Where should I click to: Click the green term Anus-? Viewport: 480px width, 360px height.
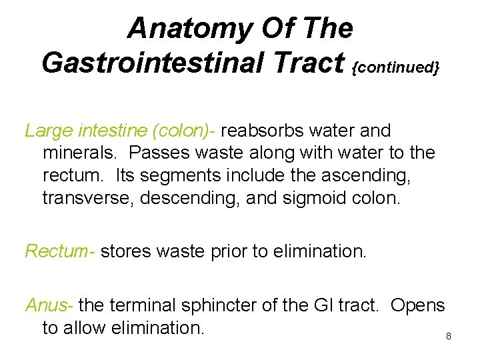50,305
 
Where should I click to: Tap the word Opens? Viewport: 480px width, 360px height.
417,305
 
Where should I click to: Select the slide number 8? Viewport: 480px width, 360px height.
449,336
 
